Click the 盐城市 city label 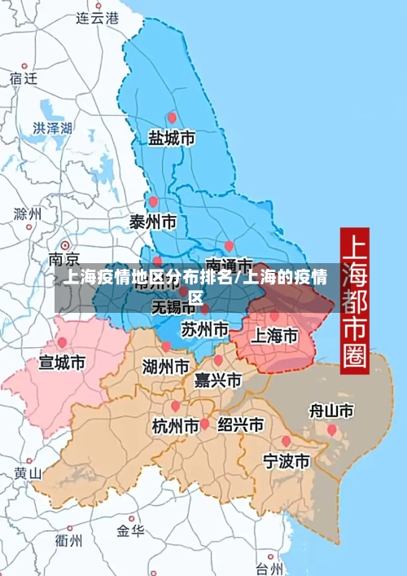pyautogui.click(x=171, y=139)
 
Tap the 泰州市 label pyautogui.click(x=153, y=222)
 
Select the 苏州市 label pyautogui.click(x=204, y=329)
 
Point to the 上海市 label pyautogui.click(x=273, y=335)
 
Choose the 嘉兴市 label pyautogui.click(x=217, y=380)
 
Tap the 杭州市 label pyautogui.click(x=175, y=424)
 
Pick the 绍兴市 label pyautogui.click(x=240, y=424)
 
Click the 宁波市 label pyautogui.click(x=286, y=461)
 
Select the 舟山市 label pyautogui.click(x=331, y=410)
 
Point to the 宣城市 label pyautogui.click(x=62, y=362)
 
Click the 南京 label pyautogui.click(x=64, y=260)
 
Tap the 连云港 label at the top pyautogui.click(x=97, y=17)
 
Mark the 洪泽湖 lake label pyautogui.click(x=52, y=128)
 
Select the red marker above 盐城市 pyautogui.click(x=171, y=117)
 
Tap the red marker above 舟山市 pyautogui.click(x=331, y=429)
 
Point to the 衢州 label pyautogui.click(x=68, y=540)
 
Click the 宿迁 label pyautogui.click(x=24, y=78)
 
